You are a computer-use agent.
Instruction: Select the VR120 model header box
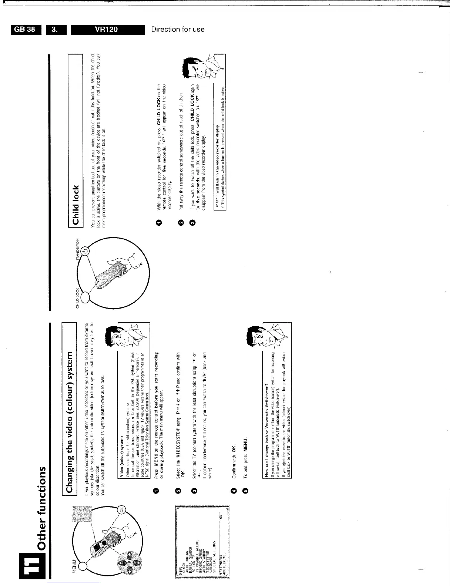pyautogui.click(x=107, y=29)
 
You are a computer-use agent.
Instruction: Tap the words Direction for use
pyautogui.click(x=178, y=29)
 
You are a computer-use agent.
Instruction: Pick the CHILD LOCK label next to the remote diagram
pyautogui.click(x=78, y=298)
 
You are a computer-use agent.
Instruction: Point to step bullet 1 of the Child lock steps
pyautogui.click(x=159, y=222)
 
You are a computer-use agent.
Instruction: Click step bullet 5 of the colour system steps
pyautogui.click(x=244, y=491)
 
